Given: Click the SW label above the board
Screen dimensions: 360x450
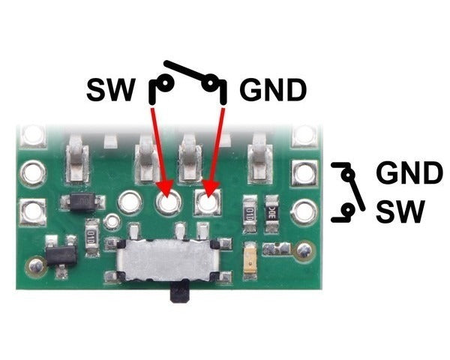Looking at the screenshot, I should [111, 91].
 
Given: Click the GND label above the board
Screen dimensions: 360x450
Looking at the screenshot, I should [273, 91].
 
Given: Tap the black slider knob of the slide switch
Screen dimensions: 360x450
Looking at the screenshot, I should [180, 292].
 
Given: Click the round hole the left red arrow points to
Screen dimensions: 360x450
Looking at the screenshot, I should [167, 201].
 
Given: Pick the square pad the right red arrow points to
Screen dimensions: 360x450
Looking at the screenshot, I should [207, 201].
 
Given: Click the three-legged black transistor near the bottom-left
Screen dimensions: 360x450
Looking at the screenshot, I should [58, 254].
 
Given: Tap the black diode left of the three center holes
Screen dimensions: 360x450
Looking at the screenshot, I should [79, 202].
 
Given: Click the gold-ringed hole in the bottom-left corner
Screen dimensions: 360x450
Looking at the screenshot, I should [34, 264].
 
